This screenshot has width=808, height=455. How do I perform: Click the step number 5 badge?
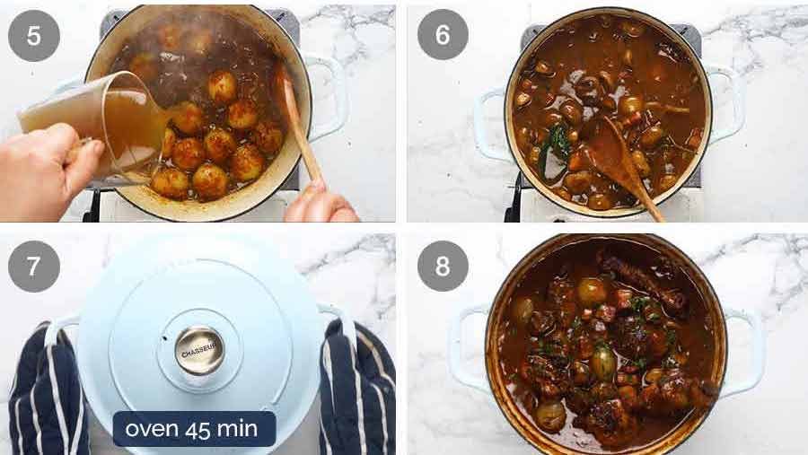coord(34,35)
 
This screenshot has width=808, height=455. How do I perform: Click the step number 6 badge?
coord(443,35)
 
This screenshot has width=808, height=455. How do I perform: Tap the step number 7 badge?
coord(34,267)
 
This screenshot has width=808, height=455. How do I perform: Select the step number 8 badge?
coord(443,267)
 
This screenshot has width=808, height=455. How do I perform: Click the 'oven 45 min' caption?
coord(194,429)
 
